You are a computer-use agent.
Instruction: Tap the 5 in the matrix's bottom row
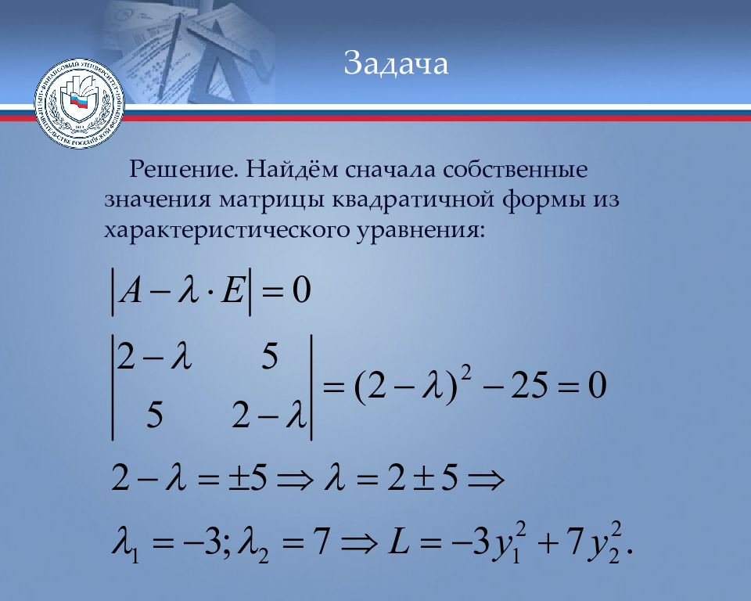pyautogui.click(x=153, y=417)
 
